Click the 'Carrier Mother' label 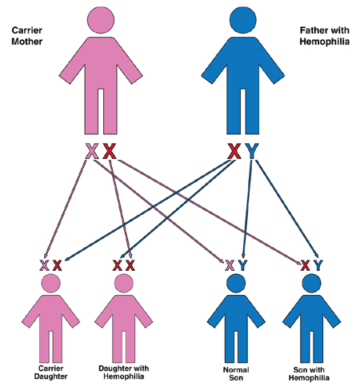[x=27, y=36]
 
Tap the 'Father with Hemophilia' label [x=324, y=36]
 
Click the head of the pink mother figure [x=101, y=20]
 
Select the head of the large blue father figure [x=243, y=20]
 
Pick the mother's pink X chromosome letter [x=92, y=151]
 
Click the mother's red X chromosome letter [x=110, y=151]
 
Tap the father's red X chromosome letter [x=234, y=151]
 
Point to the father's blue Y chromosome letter [x=252, y=151]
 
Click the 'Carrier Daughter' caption [x=50, y=372]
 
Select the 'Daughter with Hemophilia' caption [x=124, y=372]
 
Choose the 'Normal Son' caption [x=236, y=373]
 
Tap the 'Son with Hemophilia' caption [x=309, y=373]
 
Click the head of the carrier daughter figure [x=51, y=283]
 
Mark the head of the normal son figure [x=236, y=283]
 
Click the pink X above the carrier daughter [x=44, y=265]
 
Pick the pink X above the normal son [x=230, y=265]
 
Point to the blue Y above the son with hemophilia [x=318, y=265]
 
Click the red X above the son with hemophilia [x=306, y=265]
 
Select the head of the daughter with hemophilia [x=124, y=283]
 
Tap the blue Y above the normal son [x=242, y=265]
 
